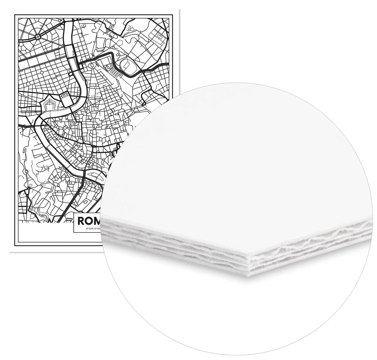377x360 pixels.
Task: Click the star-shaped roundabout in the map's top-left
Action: point(38,37)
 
